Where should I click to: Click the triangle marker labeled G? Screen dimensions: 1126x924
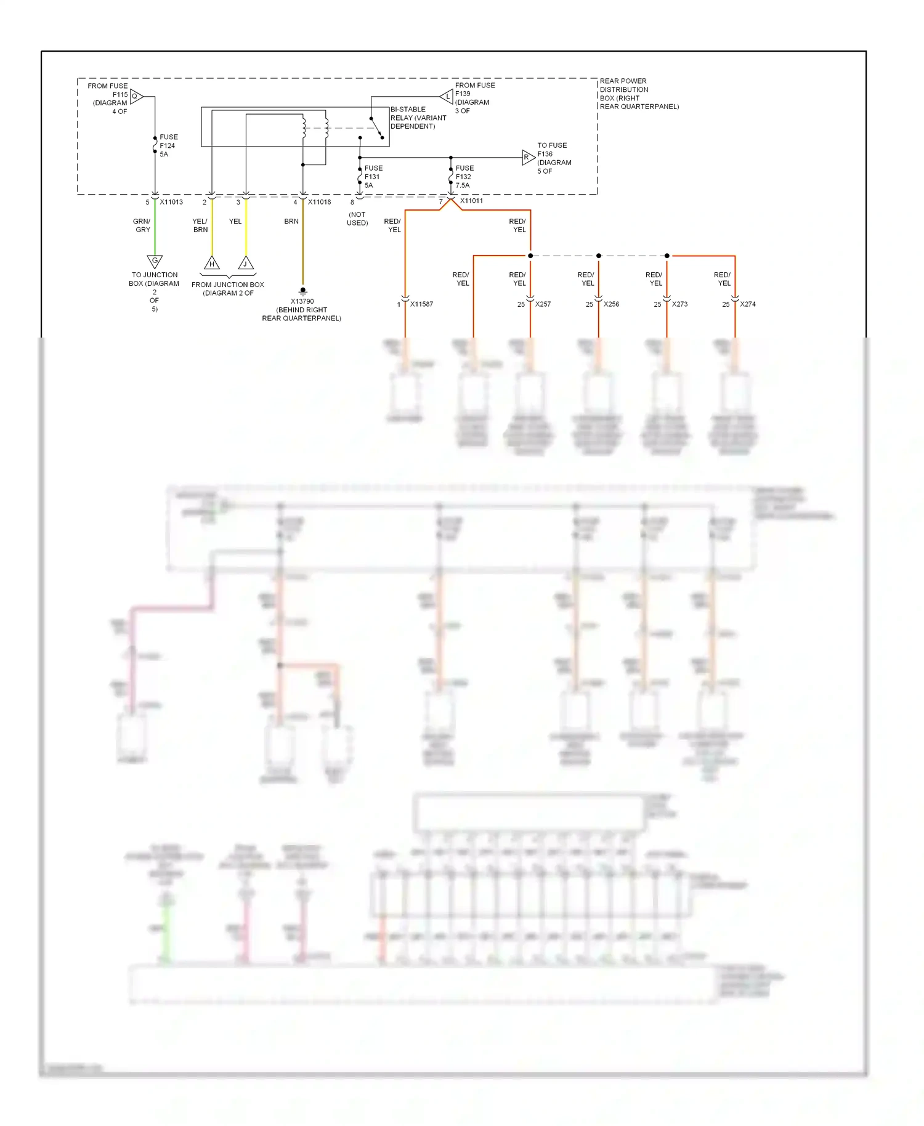155,261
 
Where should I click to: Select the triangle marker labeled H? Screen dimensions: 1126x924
212,263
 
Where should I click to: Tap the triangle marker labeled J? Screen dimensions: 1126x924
246,263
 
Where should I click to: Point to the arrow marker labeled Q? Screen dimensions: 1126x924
136,96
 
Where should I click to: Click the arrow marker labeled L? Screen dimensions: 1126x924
447,96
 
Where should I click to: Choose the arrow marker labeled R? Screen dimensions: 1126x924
528,157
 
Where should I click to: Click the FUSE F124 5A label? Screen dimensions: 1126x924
168,146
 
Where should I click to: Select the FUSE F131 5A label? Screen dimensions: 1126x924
373,177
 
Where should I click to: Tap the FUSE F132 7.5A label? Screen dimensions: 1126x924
464,177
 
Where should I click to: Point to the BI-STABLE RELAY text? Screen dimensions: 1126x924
418,118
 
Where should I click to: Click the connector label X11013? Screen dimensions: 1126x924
171,202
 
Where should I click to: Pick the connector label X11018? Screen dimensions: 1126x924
319,202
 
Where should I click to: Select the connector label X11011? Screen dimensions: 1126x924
471,201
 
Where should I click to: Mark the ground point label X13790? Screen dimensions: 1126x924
302,301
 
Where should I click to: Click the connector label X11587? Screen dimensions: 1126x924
421,304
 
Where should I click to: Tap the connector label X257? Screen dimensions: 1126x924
543,304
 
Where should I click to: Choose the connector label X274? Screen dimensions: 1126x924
747,304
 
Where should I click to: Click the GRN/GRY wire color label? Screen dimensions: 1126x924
142,225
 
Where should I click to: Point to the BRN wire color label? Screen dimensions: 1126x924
291,221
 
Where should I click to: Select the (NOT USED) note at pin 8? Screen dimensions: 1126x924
357,219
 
